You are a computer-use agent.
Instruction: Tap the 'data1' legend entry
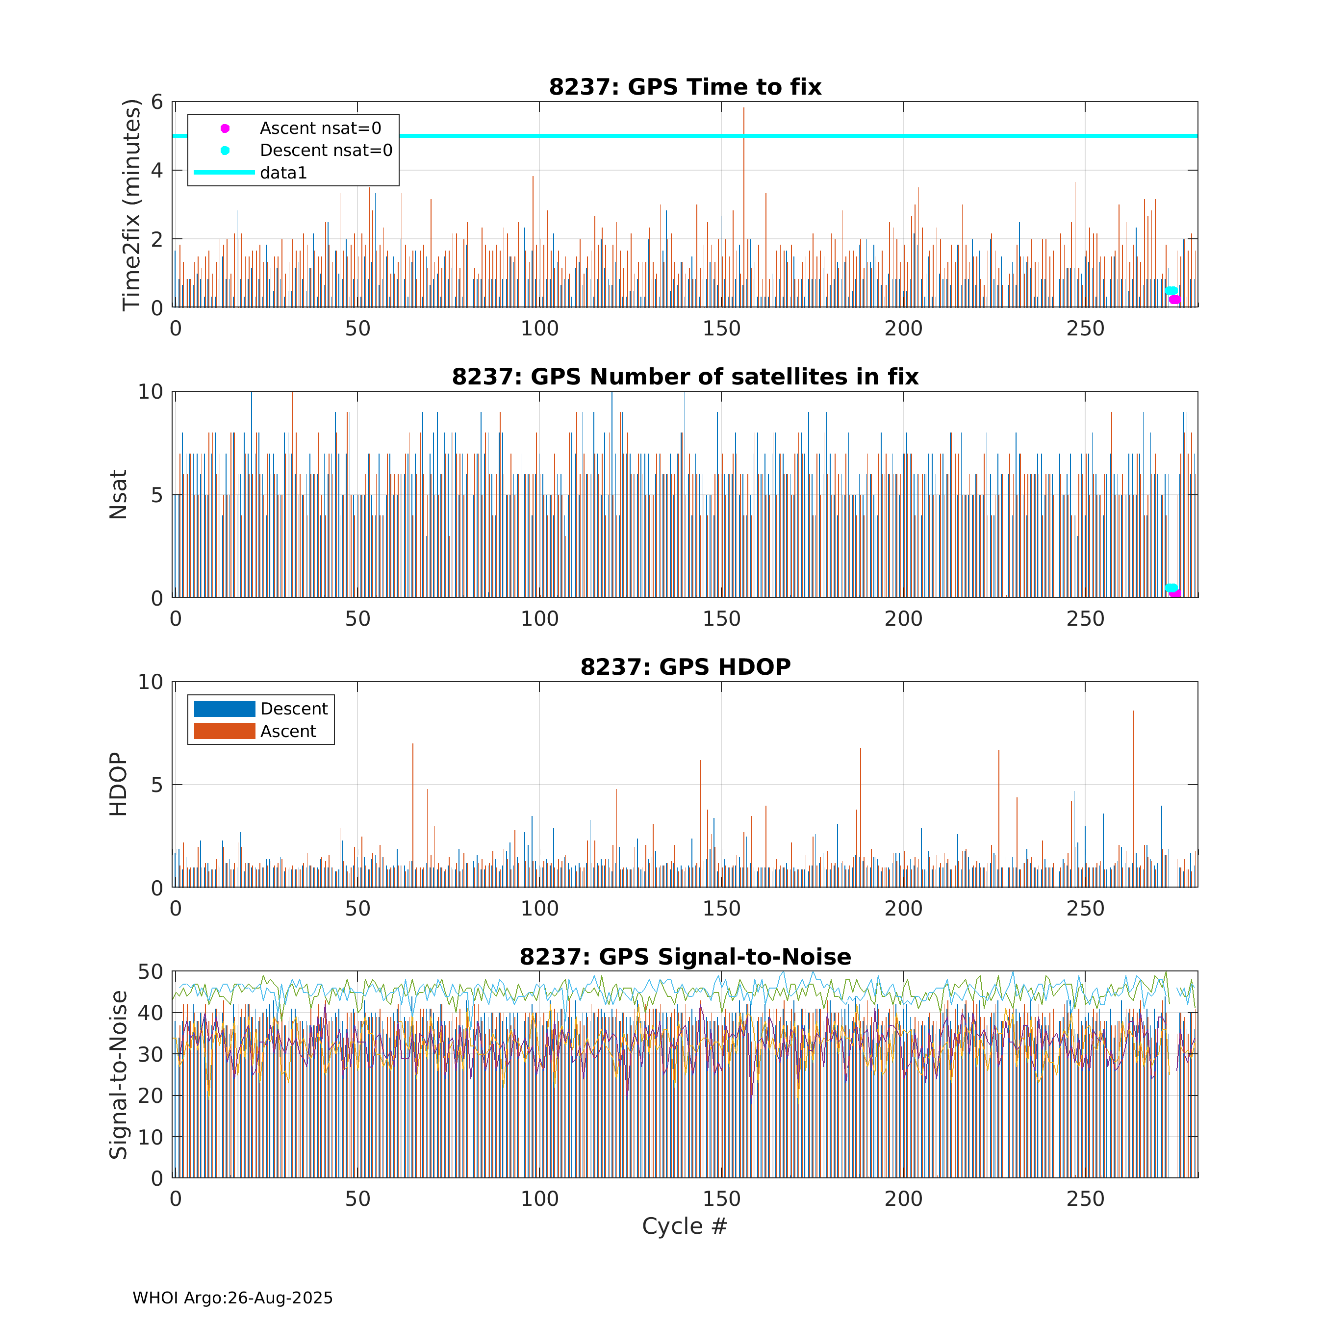[x=251, y=173]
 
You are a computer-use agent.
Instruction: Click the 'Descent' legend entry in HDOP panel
[x=261, y=709]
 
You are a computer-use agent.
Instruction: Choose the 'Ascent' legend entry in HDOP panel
[x=255, y=731]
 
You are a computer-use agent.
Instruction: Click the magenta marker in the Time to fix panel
[x=1174, y=300]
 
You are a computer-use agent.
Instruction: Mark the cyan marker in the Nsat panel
[x=1171, y=588]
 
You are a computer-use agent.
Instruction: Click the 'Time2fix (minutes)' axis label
[x=131, y=205]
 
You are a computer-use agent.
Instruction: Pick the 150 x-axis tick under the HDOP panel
[x=722, y=909]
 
